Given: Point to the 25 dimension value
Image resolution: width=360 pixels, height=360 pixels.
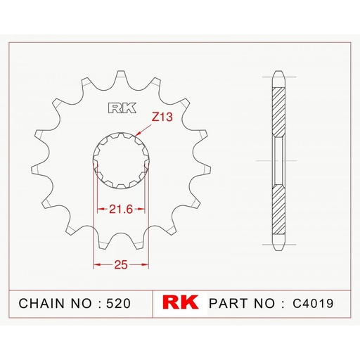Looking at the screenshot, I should [x=121, y=264].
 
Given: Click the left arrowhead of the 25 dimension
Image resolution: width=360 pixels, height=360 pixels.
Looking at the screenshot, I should [x=96, y=265].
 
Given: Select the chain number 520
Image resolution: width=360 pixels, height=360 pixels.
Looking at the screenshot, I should [x=117, y=304].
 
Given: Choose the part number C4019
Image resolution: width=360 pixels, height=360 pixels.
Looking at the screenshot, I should [x=315, y=304].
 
